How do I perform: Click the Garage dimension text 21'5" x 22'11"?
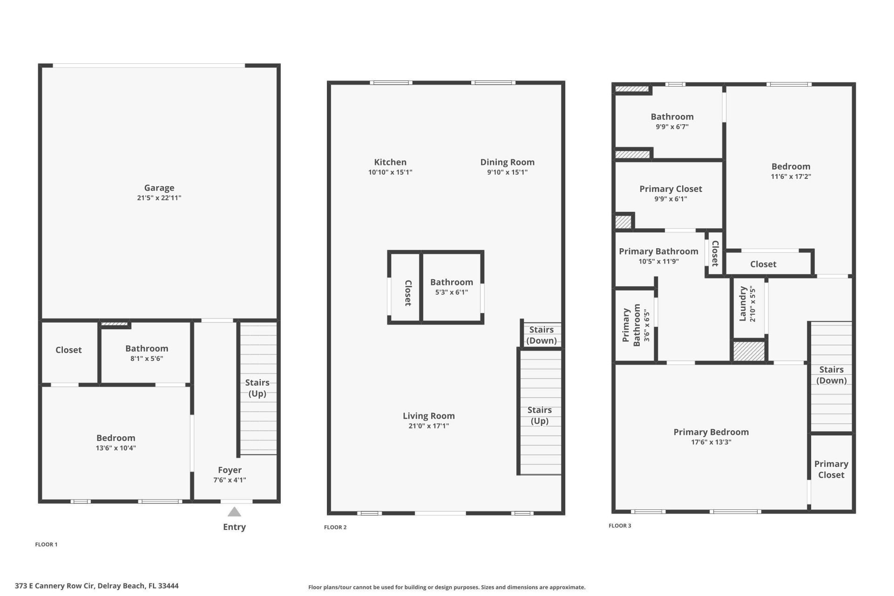[x=159, y=198]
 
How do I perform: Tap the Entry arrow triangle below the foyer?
[x=234, y=512]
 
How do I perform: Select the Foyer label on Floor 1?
[x=230, y=470]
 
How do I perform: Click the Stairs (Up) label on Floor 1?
[x=257, y=388]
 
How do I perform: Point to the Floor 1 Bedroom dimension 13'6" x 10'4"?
[x=116, y=448]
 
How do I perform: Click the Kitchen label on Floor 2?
[x=390, y=162]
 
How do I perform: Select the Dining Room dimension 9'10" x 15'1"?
[x=507, y=172]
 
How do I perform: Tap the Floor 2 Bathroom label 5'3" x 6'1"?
[x=451, y=282]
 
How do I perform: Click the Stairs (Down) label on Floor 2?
[x=541, y=335]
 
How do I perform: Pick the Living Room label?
[x=428, y=416]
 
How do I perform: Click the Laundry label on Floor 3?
[x=743, y=304]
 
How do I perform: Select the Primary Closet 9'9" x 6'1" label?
[x=670, y=189]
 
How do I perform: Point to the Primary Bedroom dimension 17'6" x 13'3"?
[x=711, y=442]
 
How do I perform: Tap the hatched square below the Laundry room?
[x=749, y=351]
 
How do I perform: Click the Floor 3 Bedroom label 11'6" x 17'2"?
[x=791, y=167]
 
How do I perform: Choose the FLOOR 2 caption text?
[x=335, y=527]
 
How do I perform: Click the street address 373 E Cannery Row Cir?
[x=96, y=586]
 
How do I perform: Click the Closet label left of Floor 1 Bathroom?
[x=68, y=350]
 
